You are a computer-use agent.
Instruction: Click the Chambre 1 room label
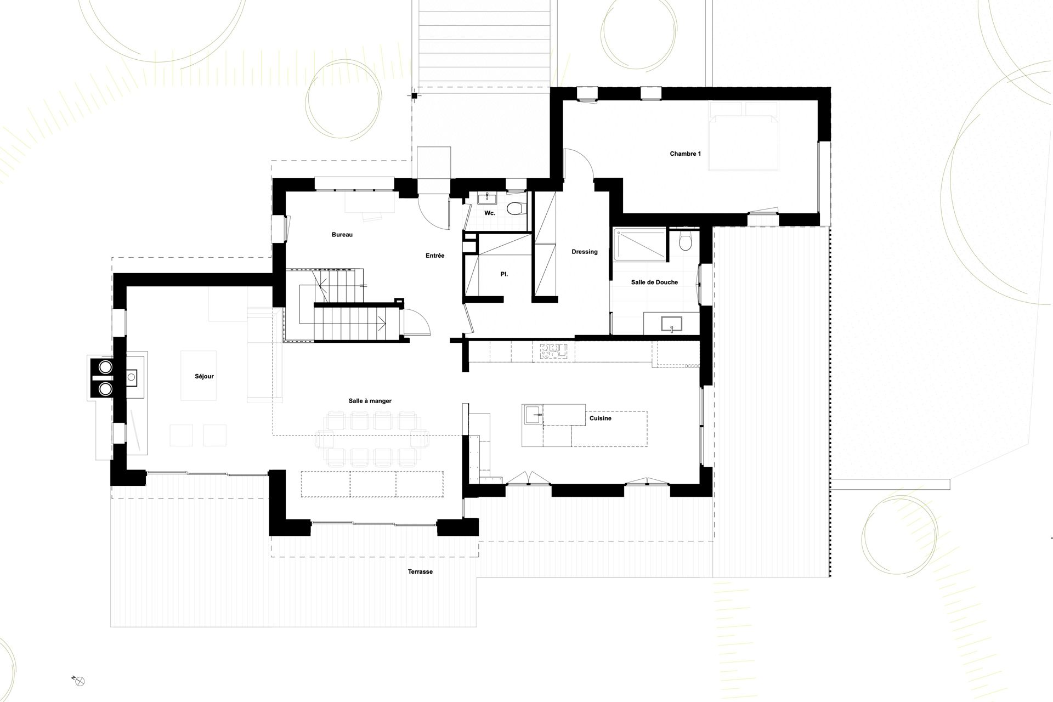point(685,154)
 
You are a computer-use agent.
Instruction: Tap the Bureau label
point(342,235)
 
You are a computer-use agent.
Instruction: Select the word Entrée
point(435,256)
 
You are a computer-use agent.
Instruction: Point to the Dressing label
point(585,252)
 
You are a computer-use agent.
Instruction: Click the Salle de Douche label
point(654,282)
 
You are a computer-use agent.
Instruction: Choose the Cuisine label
point(601,418)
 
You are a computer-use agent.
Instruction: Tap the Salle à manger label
point(370,401)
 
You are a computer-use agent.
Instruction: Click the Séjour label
point(204,377)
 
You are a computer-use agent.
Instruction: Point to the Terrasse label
point(420,571)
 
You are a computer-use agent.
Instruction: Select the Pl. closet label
point(504,274)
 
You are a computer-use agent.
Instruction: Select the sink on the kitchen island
point(533,415)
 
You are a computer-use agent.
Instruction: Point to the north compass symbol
point(80,681)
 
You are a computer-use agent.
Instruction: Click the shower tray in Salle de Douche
point(640,246)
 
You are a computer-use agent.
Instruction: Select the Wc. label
point(490,213)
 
